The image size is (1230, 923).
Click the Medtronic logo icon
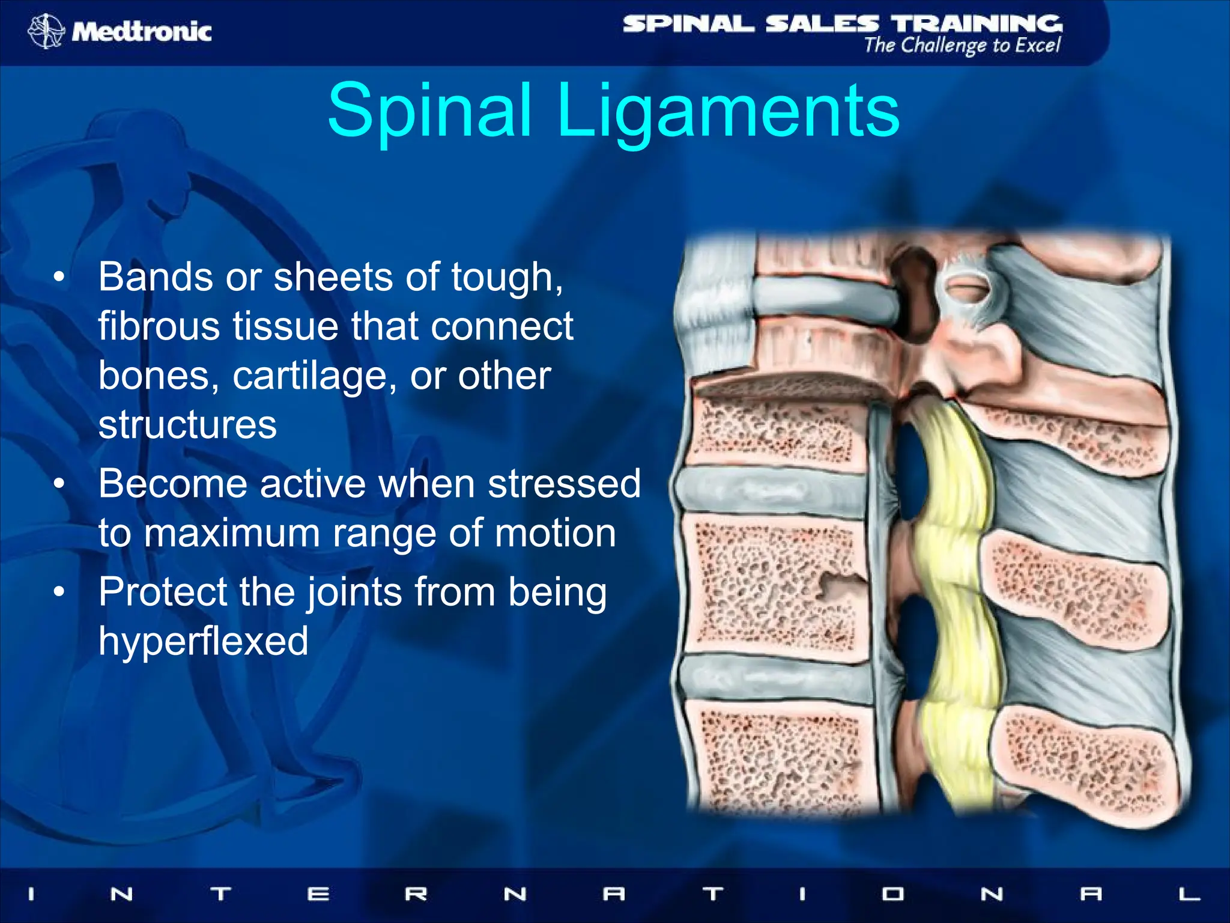[46, 31]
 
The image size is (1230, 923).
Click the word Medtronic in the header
[142, 31]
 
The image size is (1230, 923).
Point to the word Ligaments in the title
[728, 111]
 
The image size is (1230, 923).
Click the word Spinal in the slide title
[430, 111]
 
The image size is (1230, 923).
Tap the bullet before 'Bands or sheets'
[58, 278]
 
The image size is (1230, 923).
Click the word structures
[187, 425]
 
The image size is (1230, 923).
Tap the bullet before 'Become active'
[58, 484]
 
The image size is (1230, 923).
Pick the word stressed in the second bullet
[563, 484]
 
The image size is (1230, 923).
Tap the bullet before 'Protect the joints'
[58, 592]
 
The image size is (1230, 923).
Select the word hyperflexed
[203, 641]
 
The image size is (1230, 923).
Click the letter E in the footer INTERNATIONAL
[318, 894]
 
